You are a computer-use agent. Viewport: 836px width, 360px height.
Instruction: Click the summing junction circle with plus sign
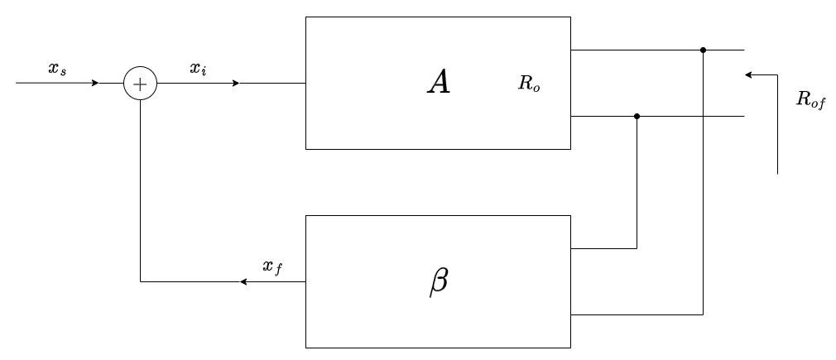(x=140, y=84)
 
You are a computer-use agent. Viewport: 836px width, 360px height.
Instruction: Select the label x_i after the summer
(x=199, y=70)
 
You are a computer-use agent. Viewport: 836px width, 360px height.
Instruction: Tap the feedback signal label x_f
(x=271, y=266)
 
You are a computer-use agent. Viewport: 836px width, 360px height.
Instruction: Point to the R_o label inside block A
(x=529, y=84)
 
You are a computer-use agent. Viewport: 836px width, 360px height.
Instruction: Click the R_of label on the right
(x=811, y=100)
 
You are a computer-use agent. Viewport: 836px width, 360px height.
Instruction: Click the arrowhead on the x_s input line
(x=96, y=84)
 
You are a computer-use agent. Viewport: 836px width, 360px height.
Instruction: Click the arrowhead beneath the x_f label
(x=243, y=282)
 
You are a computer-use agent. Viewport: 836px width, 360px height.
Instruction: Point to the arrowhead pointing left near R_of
(x=748, y=74)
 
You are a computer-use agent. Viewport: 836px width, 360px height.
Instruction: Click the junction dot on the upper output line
(x=703, y=50)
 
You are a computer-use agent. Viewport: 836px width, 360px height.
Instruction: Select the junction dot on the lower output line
(x=637, y=117)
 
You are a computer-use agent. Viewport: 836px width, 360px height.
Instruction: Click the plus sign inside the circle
(x=140, y=84)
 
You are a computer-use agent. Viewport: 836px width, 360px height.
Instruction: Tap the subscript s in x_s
(x=63, y=73)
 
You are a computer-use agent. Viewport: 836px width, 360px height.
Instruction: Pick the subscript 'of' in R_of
(x=819, y=103)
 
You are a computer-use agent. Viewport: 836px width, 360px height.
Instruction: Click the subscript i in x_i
(x=204, y=72)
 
